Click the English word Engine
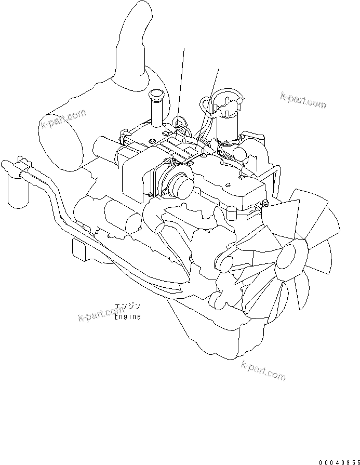(128, 317)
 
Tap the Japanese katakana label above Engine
(127, 307)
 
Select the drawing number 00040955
(339, 462)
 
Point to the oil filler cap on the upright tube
(155, 95)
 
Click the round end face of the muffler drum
(60, 142)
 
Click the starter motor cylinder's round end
(134, 222)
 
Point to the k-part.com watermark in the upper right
(303, 100)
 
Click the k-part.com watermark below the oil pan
(263, 370)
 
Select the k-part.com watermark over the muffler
(63, 118)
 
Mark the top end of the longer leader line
(184, 48)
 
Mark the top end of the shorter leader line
(219, 68)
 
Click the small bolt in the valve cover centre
(228, 185)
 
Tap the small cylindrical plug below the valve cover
(231, 214)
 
